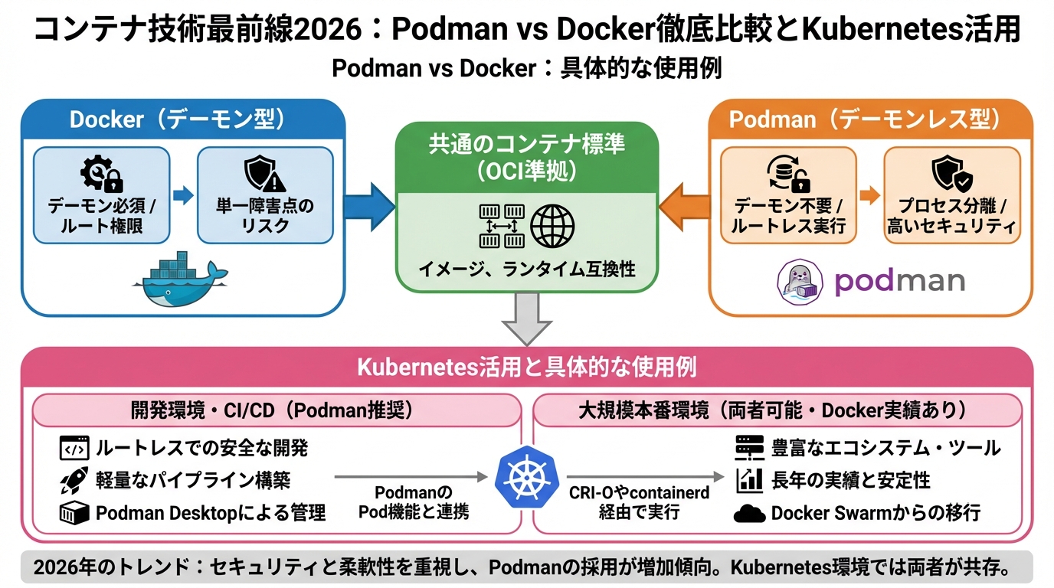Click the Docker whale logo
point(181,279)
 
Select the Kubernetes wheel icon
point(526,478)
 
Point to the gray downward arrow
point(526,319)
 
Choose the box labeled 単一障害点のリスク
point(265,195)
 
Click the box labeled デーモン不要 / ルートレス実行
point(788,195)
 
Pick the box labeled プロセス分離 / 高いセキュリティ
point(951,195)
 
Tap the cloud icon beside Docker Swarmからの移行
point(749,514)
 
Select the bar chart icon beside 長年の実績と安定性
point(749,481)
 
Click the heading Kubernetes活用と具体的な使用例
point(526,367)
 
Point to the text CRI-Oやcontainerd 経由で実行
point(639,502)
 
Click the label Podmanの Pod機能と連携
point(414,502)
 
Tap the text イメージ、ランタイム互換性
point(526,269)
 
